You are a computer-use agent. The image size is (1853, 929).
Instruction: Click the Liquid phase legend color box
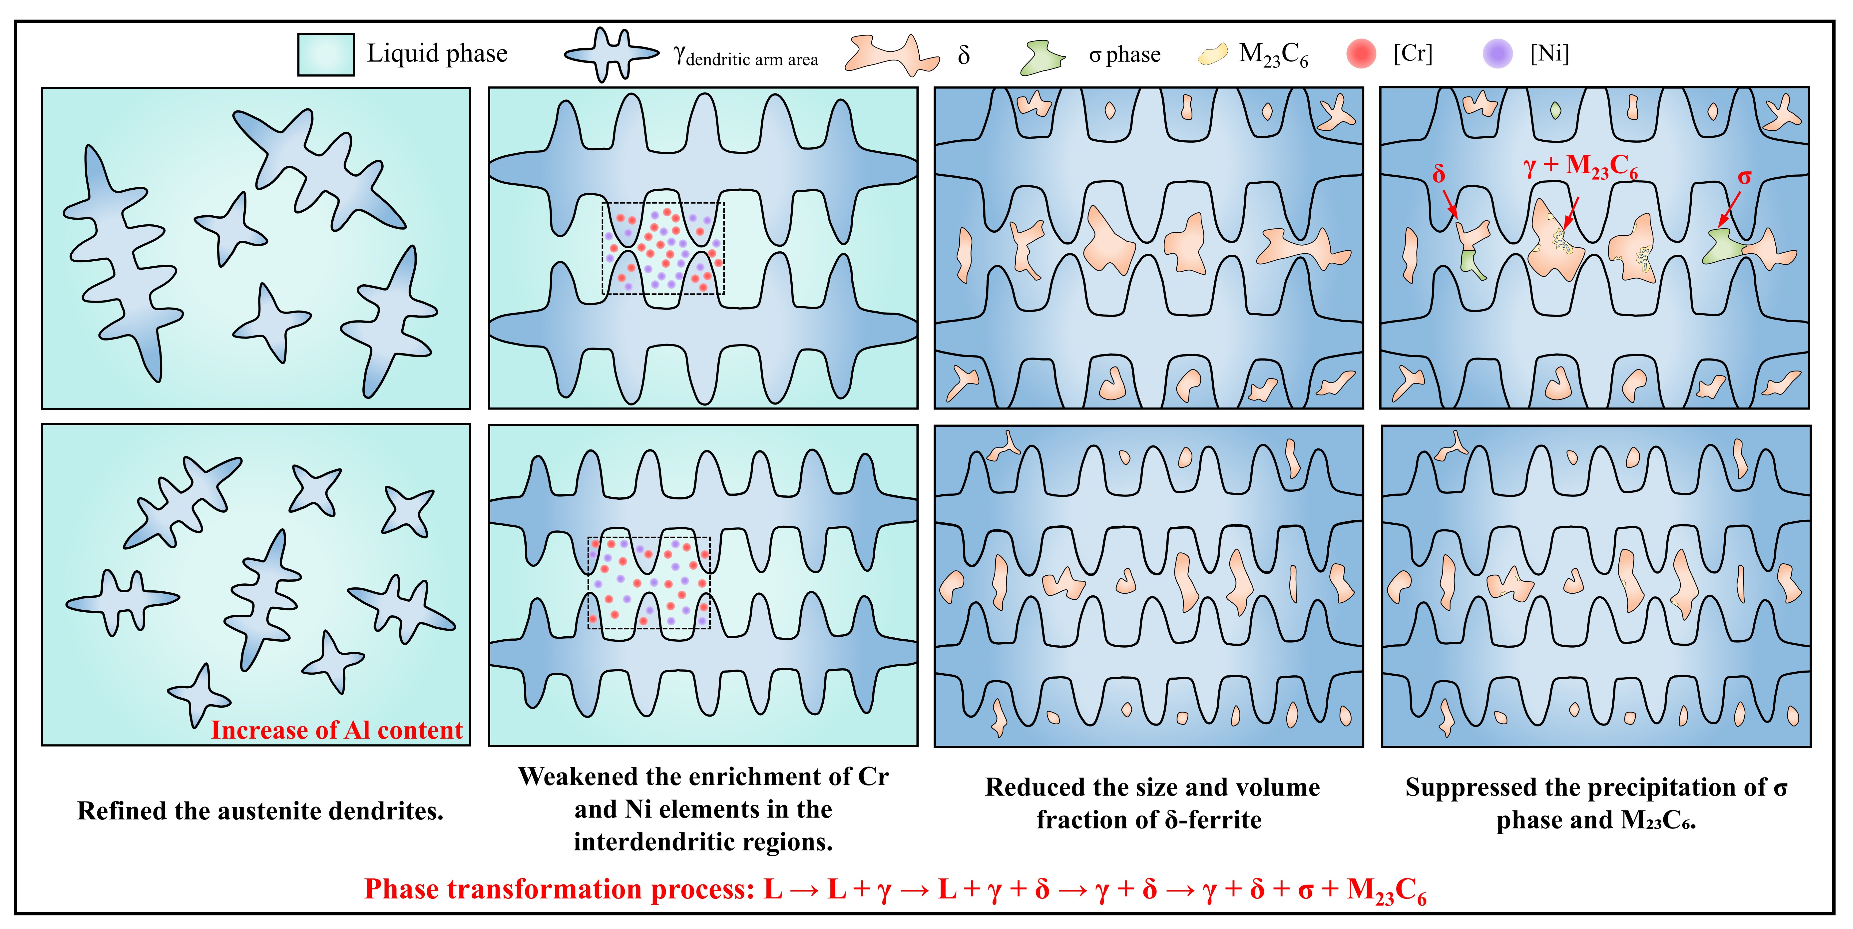coord(326,54)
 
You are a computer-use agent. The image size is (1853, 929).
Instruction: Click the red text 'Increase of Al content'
coord(337,730)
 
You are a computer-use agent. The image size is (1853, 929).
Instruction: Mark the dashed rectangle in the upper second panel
coord(663,248)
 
